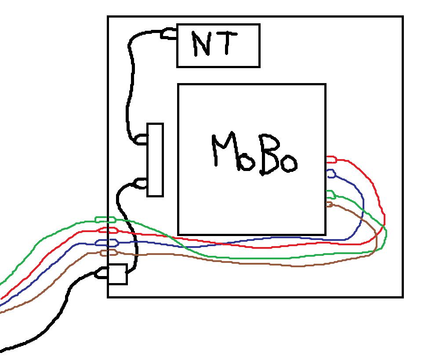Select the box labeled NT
[218, 45]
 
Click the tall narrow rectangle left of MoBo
[155, 160]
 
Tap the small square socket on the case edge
[117, 274]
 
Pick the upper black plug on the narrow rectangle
[142, 140]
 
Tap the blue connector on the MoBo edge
[331, 174]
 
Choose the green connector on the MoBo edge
[330, 194]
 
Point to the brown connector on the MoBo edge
[329, 204]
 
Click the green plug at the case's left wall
[105, 219]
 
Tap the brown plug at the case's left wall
[109, 252]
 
